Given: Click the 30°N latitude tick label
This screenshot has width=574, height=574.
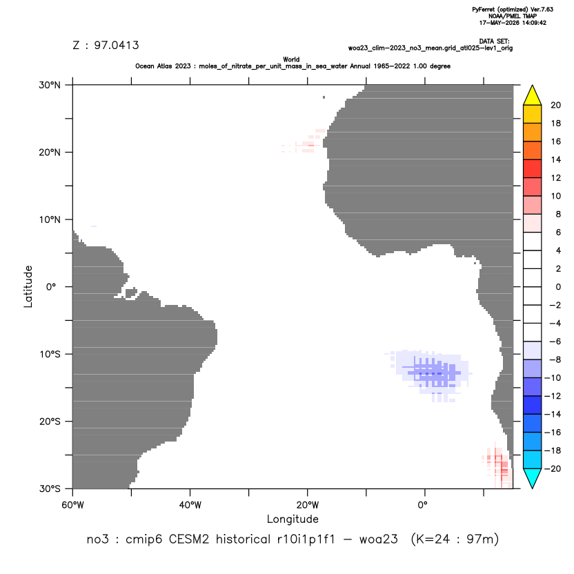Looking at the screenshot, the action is click(x=50, y=85).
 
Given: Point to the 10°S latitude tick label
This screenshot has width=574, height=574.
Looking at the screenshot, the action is click(x=50, y=355).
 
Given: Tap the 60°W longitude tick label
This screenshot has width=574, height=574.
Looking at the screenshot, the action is click(x=72, y=505).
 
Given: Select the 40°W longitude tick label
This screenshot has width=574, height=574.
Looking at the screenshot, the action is click(x=190, y=505).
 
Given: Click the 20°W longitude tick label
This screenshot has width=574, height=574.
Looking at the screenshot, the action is click(x=308, y=505).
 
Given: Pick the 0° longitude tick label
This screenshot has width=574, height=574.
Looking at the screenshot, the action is click(x=423, y=505).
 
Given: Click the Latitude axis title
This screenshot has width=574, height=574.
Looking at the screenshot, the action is click(x=28, y=286).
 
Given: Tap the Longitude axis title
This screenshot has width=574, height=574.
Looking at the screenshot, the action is click(x=293, y=519).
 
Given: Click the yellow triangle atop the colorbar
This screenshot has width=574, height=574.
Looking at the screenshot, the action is click(x=533, y=95).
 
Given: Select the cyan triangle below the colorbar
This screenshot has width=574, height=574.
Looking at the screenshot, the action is click(x=533, y=478).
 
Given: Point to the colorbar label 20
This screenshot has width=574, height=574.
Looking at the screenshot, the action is click(x=555, y=106).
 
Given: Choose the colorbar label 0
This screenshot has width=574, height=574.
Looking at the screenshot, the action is click(x=558, y=287).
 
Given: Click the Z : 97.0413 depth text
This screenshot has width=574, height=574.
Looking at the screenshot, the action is click(x=106, y=46).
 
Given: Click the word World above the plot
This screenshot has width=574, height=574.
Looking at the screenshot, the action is click(x=291, y=59).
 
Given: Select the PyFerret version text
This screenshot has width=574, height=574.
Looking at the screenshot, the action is click(x=513, y=10).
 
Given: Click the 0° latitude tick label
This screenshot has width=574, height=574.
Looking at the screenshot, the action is click(x=51, y=287).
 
